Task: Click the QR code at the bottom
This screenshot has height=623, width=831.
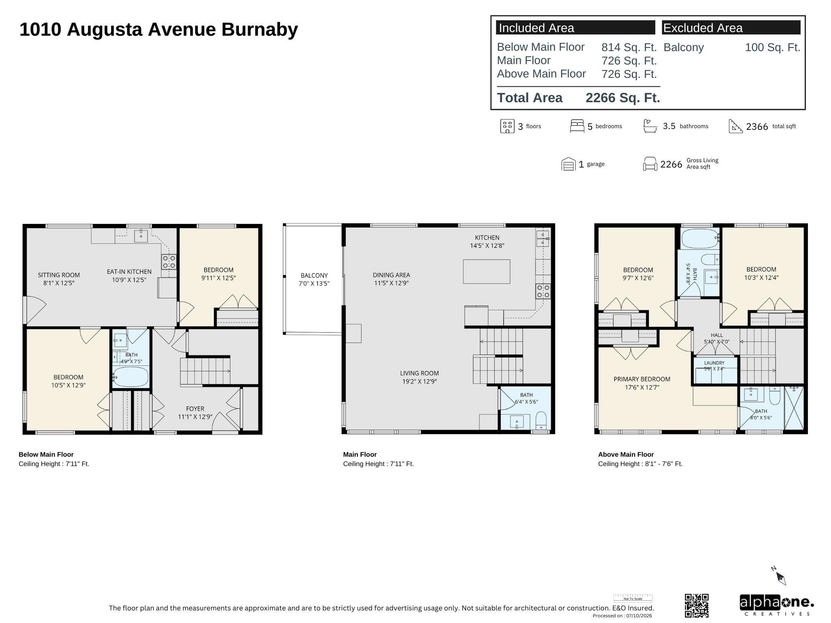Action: coord(697,606)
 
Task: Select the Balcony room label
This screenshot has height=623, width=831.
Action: coord(314,279)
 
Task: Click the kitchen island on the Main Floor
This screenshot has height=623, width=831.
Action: coord(487,271)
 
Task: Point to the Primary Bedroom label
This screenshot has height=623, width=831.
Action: coord(642,383)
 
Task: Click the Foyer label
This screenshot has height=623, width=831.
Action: coord(195,412)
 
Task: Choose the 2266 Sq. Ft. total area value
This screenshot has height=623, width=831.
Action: coord(623,98)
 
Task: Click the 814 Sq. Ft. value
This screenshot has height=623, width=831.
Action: coord(629,47)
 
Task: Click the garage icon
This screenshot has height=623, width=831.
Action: coord(568,164)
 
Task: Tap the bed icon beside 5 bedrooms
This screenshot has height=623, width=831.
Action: coord(577,126)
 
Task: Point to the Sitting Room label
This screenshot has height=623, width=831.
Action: coord(59,279)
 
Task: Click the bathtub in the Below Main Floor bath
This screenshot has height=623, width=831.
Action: coord(131,377)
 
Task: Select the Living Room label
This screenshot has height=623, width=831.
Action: coord(419,377)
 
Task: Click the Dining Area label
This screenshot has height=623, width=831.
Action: coord(391,279)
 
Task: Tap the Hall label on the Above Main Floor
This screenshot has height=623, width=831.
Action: coord(717,338)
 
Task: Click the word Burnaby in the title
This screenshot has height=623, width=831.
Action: coord(260,30)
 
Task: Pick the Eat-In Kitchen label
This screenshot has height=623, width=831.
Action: coord(129,275)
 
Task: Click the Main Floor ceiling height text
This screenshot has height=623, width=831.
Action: coord(378,464)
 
